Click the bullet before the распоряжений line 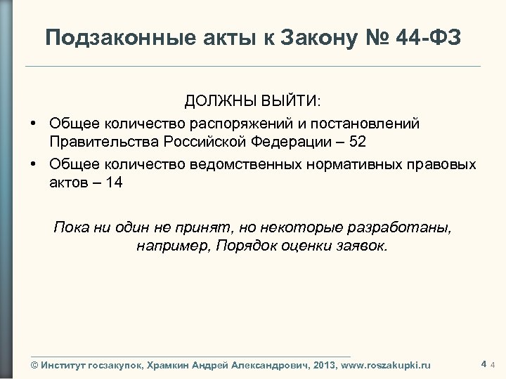click(34, 124)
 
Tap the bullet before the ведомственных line click(34, 165)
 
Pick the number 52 click(358, 141)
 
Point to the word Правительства click(105, 141)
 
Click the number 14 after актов click(115, 182)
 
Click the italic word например click(169, 246)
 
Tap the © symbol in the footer click(35, 365)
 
